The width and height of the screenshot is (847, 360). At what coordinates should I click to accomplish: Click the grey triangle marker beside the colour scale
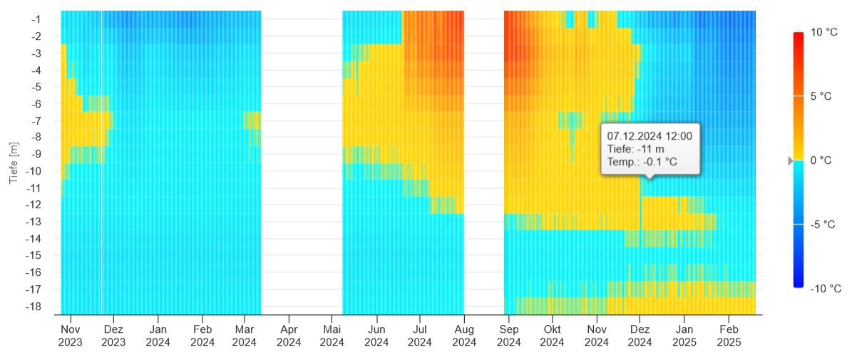(x=790, y=161)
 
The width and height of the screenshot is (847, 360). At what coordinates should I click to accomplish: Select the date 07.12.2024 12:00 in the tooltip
(x=650, y=135)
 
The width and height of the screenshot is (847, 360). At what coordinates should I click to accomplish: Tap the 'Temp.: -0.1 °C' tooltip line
(x=642, y=163)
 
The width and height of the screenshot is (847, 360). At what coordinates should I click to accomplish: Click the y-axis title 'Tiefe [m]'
(x=14, y=163)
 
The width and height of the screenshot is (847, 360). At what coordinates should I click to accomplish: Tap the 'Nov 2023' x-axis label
(x=70, y=336)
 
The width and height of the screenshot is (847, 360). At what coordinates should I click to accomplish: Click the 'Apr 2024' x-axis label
(x=289, y=336)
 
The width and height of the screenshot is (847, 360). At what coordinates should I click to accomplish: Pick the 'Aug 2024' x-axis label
(x=464, y=336)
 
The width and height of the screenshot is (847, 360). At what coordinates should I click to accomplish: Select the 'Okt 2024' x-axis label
(x=552, y=336)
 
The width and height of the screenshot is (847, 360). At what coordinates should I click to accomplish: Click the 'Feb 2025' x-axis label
(x=728, y=336)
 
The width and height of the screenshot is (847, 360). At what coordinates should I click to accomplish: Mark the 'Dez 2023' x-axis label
(x=113, y=336)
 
